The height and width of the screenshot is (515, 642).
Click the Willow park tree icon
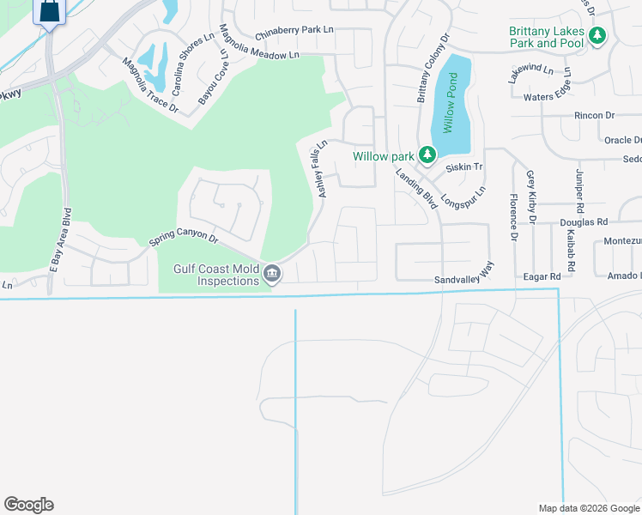[x=427, y=155]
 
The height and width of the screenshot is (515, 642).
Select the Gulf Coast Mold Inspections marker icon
[x=272, y=274]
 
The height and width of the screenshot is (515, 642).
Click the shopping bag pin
[x=50, y=12]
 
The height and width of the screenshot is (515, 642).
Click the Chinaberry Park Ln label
[x=294, y=30]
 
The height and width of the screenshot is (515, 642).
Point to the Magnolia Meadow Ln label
[x=258, y=54]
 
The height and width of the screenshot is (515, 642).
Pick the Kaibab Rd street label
[x=571, y=248]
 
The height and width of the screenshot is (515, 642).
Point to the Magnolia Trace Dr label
[x=150, y=86]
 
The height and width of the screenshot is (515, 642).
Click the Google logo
[x=28, y=505]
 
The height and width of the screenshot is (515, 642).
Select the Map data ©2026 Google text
[x=588, y=508]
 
